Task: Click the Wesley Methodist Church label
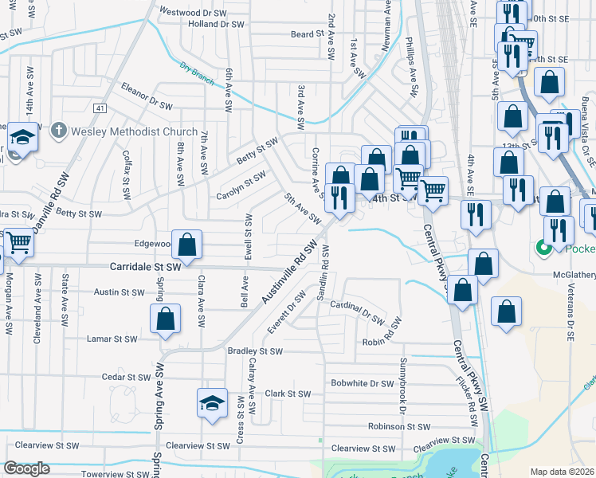coord(134,131)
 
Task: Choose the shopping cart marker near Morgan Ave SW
coord(19,242)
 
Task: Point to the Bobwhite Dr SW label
coord(363,383)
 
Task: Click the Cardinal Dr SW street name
coord(357,310)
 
